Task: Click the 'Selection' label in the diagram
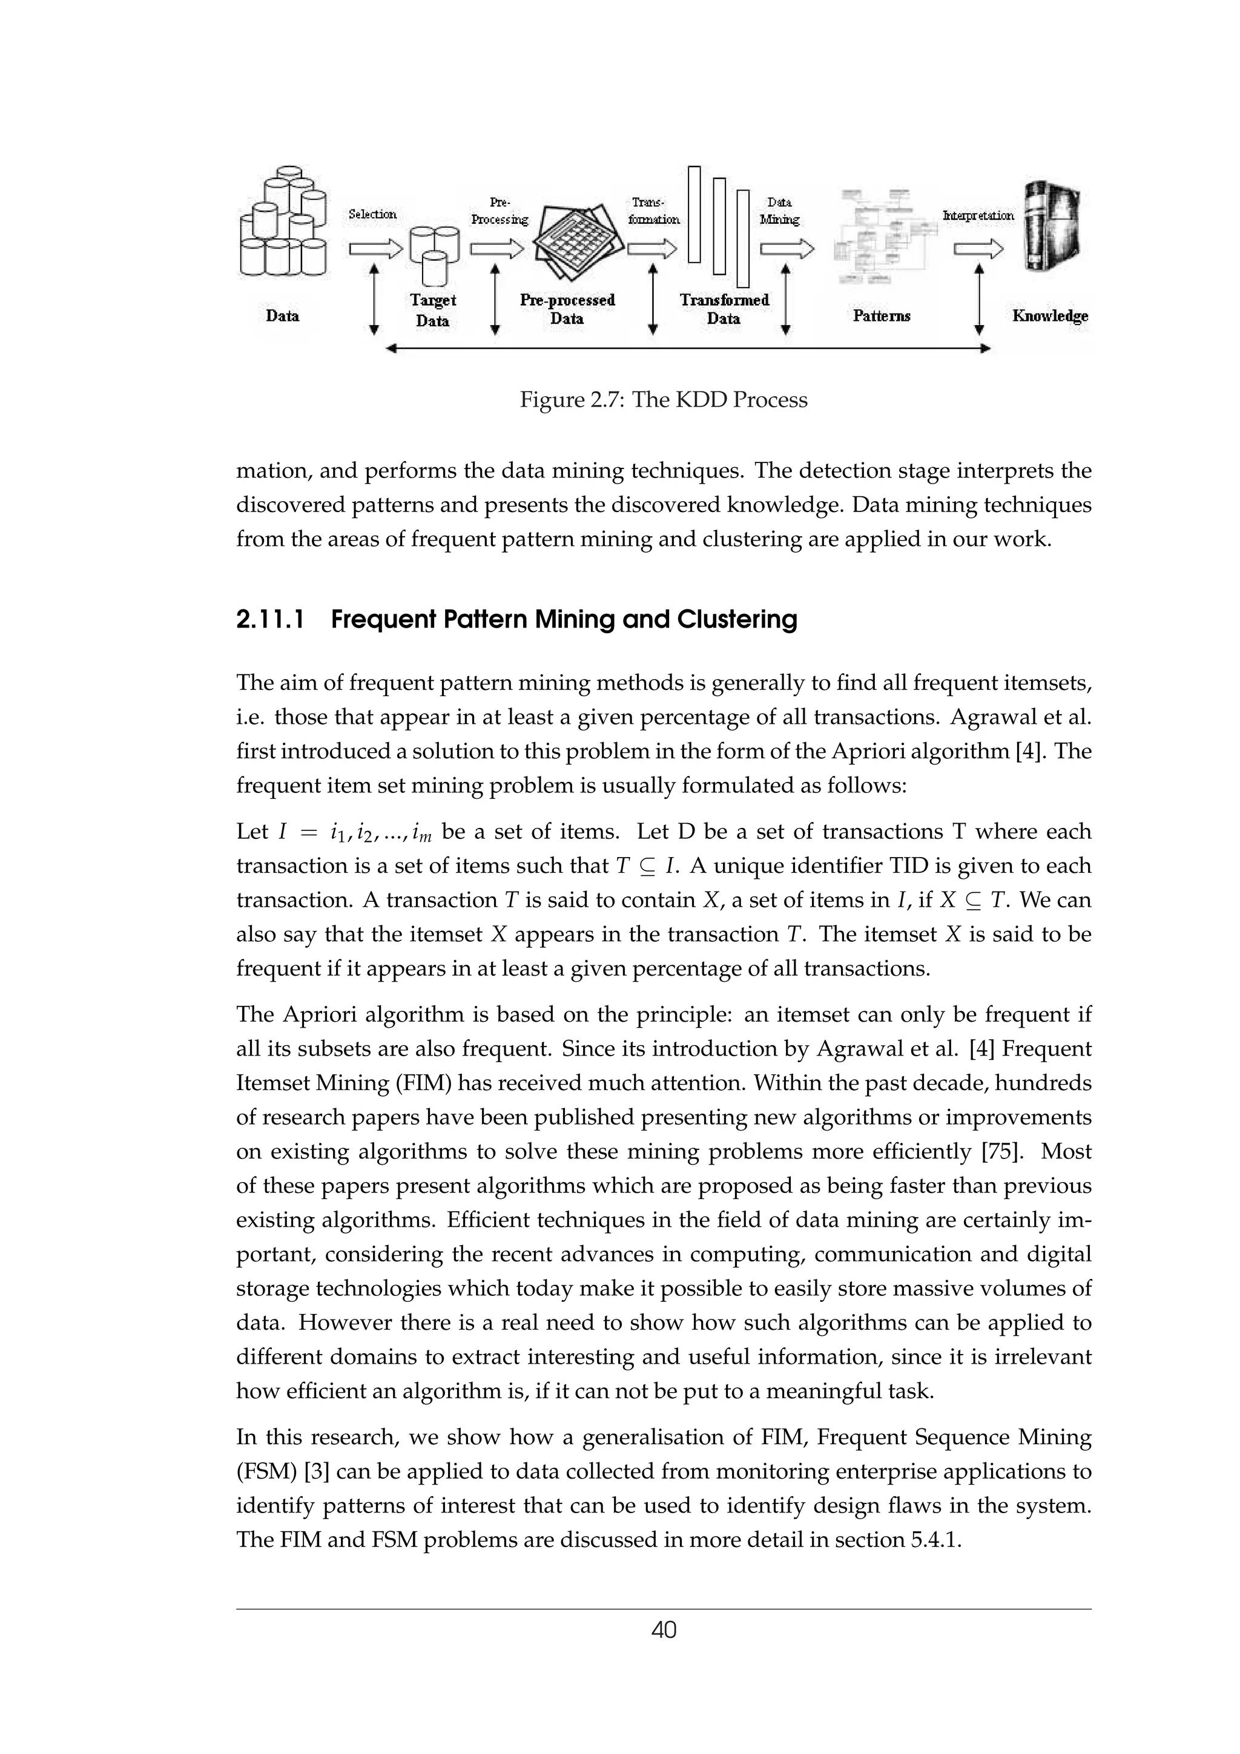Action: (x=372, y=215)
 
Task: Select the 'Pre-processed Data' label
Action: (x=567, y=309)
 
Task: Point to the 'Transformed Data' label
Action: (x=724, y=309)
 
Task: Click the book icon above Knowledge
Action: (x=1053, y=227)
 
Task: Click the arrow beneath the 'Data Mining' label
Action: (x=786, y=249)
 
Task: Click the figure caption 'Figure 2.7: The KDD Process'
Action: (x=663, y=399)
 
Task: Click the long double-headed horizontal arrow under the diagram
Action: (x=688, y=349)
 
